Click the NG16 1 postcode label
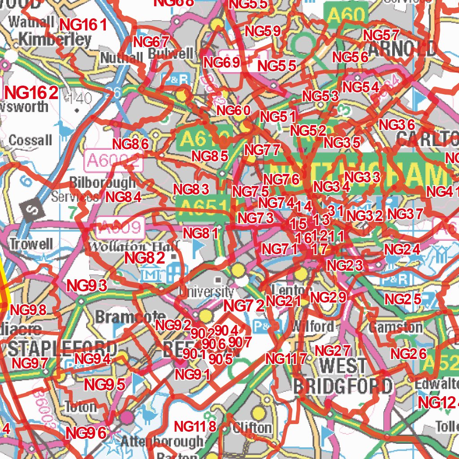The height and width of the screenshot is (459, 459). [x=83, y=25]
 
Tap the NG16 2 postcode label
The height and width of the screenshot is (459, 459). [x=32, y=93]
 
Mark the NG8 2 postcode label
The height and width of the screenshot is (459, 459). [x=144, y=258]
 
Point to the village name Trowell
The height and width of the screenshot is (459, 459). [x=31, y=245]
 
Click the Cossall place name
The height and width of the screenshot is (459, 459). [x=30, y=140]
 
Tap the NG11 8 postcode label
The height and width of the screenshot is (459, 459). [x=195, y=426]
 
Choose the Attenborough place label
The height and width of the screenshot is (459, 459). [x=162, y=442]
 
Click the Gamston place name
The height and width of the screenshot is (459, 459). [x=395, y=327]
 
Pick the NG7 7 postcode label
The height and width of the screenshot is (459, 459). [x=262, y=149]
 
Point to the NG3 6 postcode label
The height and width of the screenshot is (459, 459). [x=397, y=125]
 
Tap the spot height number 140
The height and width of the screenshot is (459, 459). [x=78, y=98]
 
